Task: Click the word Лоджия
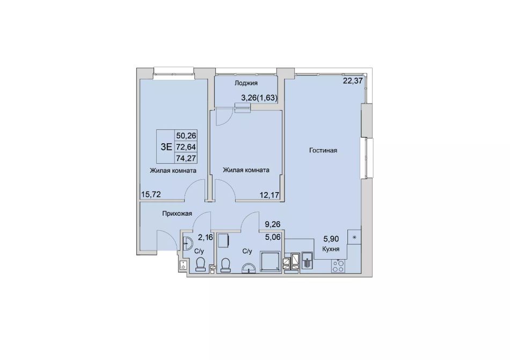point(246,83)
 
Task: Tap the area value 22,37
point(353,80)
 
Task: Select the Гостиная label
point(323,150)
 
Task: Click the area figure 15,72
point(151,194)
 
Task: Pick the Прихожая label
point(177,214)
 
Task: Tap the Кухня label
point(331,249)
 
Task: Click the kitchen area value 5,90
point(331,239)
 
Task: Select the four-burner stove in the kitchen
point(338,266)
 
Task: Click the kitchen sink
point(307,261)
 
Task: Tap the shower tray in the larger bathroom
point(270,261)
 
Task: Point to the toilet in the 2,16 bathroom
point(200,264)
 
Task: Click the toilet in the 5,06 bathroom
point(225,264)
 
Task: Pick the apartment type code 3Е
point(166,146)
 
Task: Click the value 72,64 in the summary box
point(186,147)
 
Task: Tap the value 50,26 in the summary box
point(186,135)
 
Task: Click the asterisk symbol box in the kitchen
point(354,237)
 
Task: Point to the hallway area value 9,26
point(273,224)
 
